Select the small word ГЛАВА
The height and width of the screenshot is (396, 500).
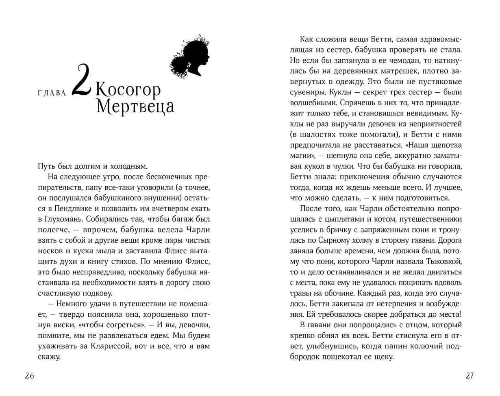tap(52, 93)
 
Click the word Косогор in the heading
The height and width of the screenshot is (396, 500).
tap(128, 90)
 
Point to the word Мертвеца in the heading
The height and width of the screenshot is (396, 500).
tap(135, 107)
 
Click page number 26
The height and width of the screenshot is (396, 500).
tap(29, 376)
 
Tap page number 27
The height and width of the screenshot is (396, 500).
tap(470, 376)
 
